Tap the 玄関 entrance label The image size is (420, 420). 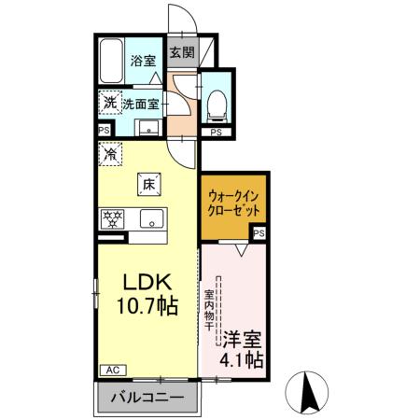click(x=181, y=53)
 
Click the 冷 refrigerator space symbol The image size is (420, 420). click(x=110, y=152)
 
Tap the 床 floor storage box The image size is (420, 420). click(x=147, y=185)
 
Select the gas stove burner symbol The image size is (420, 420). click(x=113, y=220)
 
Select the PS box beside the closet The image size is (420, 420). click(x=259, y=232)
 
